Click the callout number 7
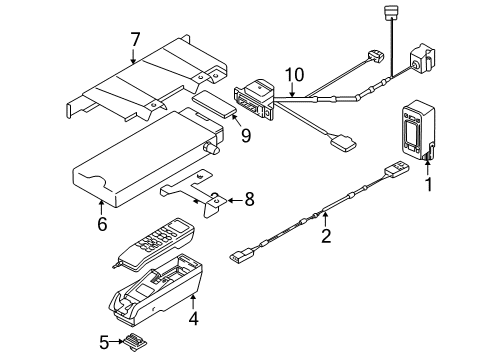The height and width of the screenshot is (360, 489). click(135, 40)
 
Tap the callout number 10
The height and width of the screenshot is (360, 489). click(294, 75)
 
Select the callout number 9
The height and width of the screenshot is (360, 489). click(246, 135)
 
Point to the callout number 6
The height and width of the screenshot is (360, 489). click(102, 223)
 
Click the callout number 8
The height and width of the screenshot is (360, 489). click(249, 199)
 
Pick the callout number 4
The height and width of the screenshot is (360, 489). click(193, 318)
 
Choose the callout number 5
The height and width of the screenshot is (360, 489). click(104, 342)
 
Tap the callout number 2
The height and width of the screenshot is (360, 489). click(326, 235)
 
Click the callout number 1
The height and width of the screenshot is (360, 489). click(429, 184)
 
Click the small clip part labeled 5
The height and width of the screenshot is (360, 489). click(136, 342)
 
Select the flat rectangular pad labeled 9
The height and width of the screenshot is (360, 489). click(214, 104)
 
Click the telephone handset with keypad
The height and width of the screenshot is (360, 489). click(153, 244)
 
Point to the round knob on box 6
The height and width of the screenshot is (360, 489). click(211, 149)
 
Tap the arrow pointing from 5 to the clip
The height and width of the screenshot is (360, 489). click(117, 341)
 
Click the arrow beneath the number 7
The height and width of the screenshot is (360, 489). click(133, 56)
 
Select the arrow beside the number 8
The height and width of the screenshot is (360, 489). click(235, 200)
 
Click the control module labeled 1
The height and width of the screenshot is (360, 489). click(418, 130)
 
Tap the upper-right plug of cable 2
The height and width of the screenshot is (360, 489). click(397, 168)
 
